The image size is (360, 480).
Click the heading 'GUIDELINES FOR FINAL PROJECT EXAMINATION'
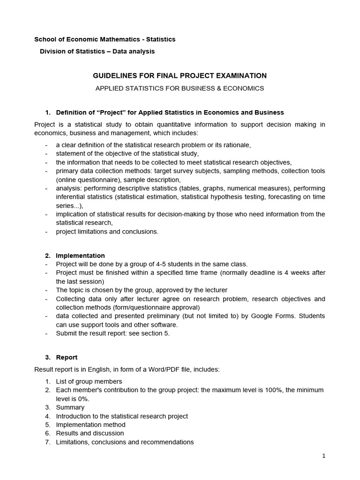click(x=180, y=75)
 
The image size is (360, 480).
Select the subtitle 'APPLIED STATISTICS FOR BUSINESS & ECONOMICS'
click(x=180, y=88)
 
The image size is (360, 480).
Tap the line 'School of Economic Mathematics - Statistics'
click(x=105, y=39)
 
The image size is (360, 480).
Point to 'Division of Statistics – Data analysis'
click(x=97, y=51)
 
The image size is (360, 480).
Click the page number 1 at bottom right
click(x=323, y=456)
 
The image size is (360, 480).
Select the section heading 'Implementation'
click(x=80, y=255)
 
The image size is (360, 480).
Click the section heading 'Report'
click(x=67, y=357)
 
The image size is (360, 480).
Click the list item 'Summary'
click(x=70, y=407)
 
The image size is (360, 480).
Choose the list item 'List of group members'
click(x=89, y=381)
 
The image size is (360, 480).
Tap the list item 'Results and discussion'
click(x=90, y=433)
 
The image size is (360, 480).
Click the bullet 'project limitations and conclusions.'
click(x=107, y=231)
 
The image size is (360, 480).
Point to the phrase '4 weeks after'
click(x=304, y=273)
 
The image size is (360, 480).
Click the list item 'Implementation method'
click(x=90, y=425)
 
